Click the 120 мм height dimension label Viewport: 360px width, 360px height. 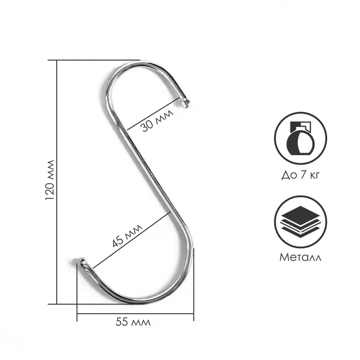point(50,180)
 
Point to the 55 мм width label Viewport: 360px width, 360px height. point(133,322)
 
